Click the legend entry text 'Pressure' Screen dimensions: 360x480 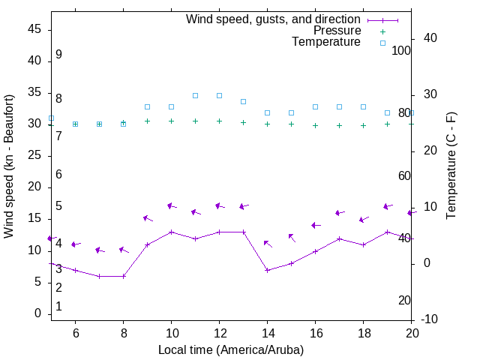(337, 31)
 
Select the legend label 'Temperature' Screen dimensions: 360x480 (326, 42)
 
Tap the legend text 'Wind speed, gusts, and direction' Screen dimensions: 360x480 (274, 19)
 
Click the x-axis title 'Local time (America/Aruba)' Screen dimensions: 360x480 (231, 349)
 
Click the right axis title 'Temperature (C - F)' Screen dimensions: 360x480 (451, 166)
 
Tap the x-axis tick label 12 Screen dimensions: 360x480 (219, 332)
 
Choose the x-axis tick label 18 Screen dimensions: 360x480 (363, 332)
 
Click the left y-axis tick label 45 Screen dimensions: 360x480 (34, 29)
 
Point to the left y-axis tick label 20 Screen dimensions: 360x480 (34, 187)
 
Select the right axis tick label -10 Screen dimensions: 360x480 (430, 319)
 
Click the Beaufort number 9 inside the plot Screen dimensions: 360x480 (58, 55)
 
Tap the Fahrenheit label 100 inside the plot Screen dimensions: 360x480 (402, 50)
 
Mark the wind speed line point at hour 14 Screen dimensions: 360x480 (267, 270)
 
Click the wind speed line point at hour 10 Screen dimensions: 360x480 (171, 232)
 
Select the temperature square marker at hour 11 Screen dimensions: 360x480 (195, 95)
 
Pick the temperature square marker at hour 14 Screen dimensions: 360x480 (267, 112)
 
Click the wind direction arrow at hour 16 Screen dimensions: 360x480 (316, 225)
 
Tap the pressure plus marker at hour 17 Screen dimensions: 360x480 (339, 125)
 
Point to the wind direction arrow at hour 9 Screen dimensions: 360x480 (148, 218)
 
